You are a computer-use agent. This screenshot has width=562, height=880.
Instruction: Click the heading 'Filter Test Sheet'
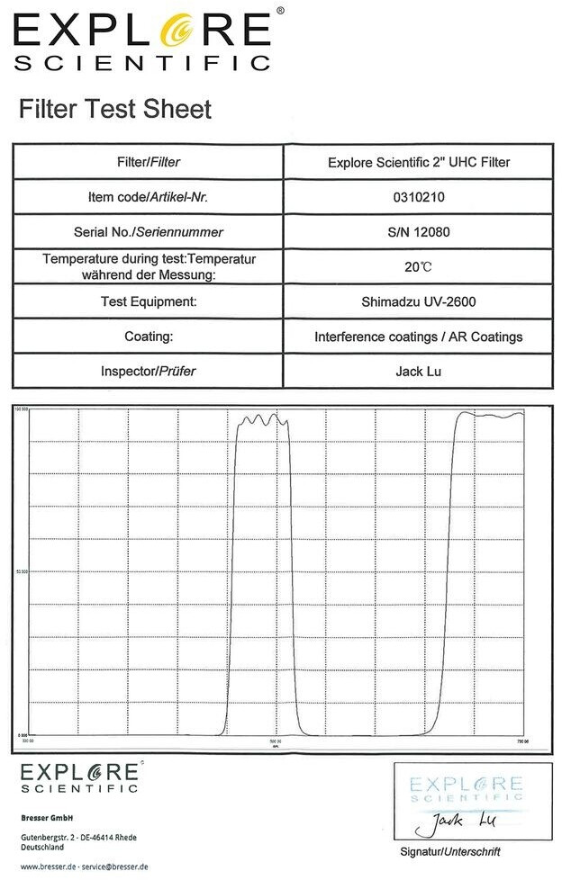click(115, 110)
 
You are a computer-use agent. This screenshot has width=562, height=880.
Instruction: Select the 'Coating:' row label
click(150, 337)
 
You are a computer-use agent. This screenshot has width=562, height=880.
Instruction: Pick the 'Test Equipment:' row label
click(150, 301)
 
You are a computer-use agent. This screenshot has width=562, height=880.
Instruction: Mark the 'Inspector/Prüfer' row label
click(150, 371)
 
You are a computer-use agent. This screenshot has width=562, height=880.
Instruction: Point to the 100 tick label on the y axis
click(23, 409)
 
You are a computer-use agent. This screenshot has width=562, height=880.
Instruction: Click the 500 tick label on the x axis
click(276, 741)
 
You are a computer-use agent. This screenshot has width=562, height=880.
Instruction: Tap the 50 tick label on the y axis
click(23, 570)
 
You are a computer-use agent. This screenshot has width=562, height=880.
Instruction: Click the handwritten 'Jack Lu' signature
click(459, 821)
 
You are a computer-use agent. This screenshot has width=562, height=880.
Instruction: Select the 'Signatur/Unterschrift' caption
click(449, 851)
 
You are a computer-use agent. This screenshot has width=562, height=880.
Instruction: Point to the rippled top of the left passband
click(263, 419)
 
